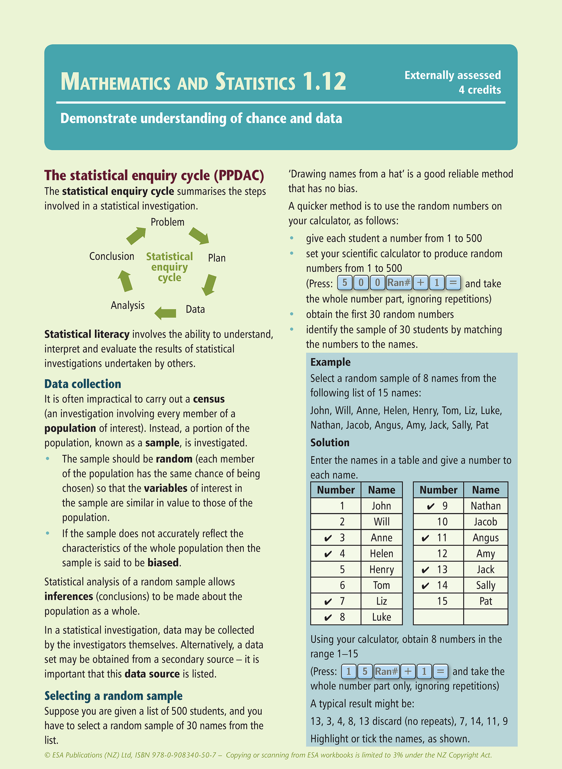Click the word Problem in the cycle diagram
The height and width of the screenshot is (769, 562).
click(167, 222)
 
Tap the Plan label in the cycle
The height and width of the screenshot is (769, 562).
click(217, 258)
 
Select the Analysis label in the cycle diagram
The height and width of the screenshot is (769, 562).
click(128, 305)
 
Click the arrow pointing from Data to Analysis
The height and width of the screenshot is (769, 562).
click(165, 312)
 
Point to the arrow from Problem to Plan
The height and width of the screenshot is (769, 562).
click(199, 236)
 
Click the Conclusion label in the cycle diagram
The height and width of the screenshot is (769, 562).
click(112, 256)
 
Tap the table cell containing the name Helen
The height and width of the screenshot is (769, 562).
click(382, 554)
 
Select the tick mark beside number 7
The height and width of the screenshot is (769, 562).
click(328, 602)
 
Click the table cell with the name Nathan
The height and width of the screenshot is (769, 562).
click(485, 506)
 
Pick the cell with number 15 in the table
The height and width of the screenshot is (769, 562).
click(442, 601)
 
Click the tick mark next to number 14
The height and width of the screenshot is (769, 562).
click(425, 585)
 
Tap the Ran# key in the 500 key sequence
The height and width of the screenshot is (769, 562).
click(399, 283)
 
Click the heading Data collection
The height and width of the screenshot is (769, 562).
click(82, 384)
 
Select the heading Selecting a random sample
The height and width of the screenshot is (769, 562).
click(113, 695)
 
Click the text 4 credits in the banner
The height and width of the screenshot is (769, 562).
click(480, 90)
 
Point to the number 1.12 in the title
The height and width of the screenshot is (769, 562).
click(324, 82)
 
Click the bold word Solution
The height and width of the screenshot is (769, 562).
click(330, 443)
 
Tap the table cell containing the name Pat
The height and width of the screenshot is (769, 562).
click(486, 601)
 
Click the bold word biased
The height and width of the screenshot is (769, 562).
click(163, 563)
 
